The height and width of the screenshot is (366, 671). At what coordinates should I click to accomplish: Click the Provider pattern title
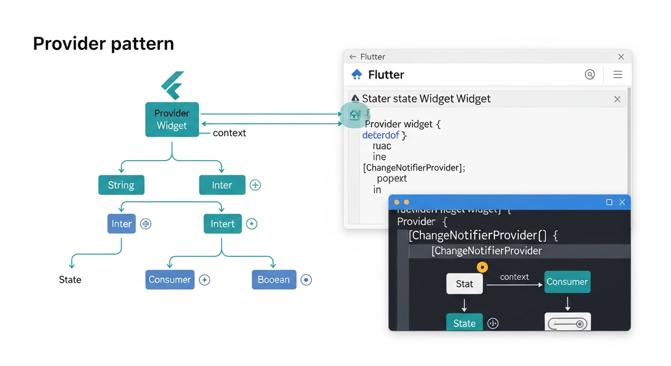click(x=103, y=44)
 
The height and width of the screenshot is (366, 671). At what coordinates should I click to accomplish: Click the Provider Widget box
click(x=172, y=120)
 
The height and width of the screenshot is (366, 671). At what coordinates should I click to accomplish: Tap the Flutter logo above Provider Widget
click(x=173, y=85)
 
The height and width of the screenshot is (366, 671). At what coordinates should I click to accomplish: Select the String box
click(x=121, y=185)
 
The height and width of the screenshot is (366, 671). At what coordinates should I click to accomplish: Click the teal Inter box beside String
click(x=222, y=185)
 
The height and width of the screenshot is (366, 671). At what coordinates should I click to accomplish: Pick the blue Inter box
click(x=122, y=224)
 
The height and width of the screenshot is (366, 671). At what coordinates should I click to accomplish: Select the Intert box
click(x=223, y=224)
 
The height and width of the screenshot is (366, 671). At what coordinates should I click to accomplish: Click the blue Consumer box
click(x=170, y=280)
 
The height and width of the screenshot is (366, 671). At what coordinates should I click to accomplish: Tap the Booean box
click(x=274, y=280)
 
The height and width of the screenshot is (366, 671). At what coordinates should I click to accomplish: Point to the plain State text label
click(x=70, y=280)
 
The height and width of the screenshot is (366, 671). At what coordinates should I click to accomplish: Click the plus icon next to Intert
click(x=252, y=224)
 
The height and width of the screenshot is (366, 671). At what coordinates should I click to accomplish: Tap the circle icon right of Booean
click(x=306, y=280)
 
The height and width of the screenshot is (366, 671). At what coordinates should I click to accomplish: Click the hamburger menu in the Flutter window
click(x=618, y=74)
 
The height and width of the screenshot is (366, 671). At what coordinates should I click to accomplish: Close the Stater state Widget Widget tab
click(x=617, y=99)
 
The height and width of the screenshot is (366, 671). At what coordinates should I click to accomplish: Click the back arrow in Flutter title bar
click(x=353, y=57)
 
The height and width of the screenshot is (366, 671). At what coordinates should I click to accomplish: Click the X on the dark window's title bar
click(x=622, y=202)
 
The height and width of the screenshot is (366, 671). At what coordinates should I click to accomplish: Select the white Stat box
click(x=464, y=284)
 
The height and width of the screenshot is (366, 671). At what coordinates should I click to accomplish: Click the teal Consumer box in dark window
click(x=567, y=282)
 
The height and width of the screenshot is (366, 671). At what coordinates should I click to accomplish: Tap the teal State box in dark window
click(x=464, y=323)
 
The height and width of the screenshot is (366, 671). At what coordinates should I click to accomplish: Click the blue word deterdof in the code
click(x=381, y=135)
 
